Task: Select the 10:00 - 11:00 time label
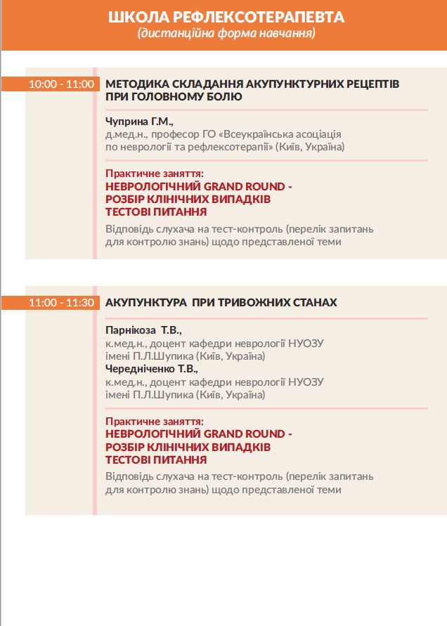pyautogui.click(x=61, y=84)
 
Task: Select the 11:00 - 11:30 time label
pyautogui.click(x=61, y=303)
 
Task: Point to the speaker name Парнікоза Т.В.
pyautogui.click(x=143, y=330)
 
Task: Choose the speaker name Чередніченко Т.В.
pyautogui.click(x=152, y=368)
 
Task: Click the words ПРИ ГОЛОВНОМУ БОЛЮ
pyautogui.click(x=174, y=97)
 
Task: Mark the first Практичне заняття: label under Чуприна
pyautogui.click(x=154, y=174)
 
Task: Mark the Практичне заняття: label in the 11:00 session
pyautogui.click(x=154, y=421)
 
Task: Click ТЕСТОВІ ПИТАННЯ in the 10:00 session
pyautogui.click(x=156, y=211)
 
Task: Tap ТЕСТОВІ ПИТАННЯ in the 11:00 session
pyautogui.click(x=156, y=459)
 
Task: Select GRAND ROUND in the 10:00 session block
pyautogui.click(x=238, y=186)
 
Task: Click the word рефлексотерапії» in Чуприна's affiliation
pyautogui.click(x=237, y=147)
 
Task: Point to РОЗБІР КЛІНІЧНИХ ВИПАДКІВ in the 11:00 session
pyautogui.click(x=188, y=447)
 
